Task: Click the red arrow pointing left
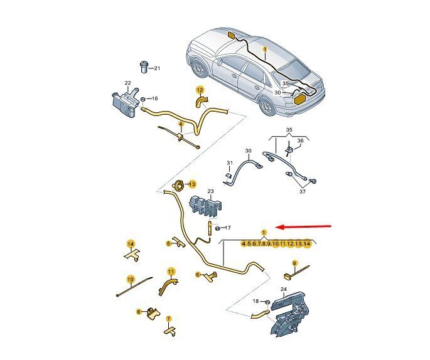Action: [304, 226]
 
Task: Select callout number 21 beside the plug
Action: [156, 68]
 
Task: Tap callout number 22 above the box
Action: [128, 83]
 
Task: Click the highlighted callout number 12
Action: [200, 90]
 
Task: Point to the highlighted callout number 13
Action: [193, 184]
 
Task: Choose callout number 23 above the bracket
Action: [210, 191]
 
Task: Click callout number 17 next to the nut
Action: [228, 228]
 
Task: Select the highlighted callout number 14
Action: [131, 244]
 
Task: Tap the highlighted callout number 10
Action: [131, 280]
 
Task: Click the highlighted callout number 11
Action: [171, 272]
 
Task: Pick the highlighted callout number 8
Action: [139, 312]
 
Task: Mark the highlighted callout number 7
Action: [169, 319]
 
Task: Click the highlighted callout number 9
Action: [294, 263]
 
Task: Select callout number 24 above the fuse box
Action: [284, 289]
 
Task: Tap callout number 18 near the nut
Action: [255, 301]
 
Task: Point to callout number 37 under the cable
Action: [302, 192]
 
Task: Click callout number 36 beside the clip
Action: [301, 141]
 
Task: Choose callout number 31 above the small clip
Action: [230, 163]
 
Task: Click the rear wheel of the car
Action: [267, 107]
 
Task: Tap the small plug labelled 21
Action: [144, 67]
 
